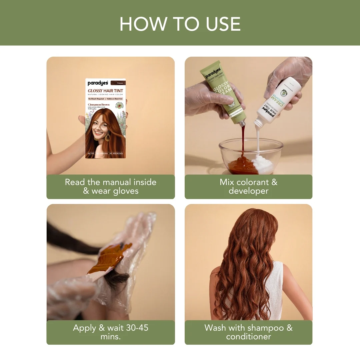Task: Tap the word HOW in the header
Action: (x=140, y=24)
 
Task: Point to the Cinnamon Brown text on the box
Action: (x=99, y=104)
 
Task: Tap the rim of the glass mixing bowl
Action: (x=251, y=141)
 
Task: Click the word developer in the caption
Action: (x=248, y=191)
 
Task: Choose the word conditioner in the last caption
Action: (x=248, y=337)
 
